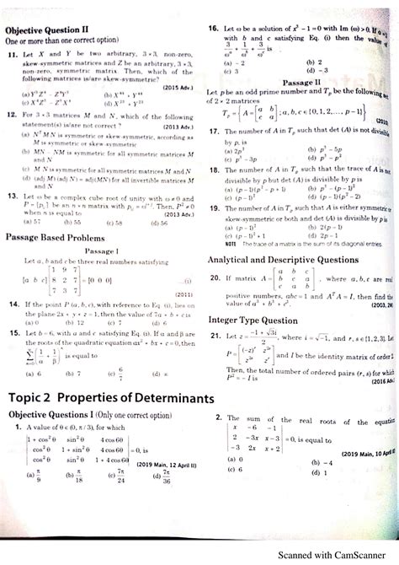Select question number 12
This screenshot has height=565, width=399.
click(10, 113)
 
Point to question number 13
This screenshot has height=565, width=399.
click(10, 196)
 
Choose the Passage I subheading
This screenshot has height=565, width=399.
click(98, 252)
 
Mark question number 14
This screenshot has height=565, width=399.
click(12, 304)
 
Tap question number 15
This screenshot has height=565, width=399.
click(12, 333)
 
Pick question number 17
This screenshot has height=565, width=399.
click(214, 132)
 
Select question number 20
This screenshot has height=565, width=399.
click(214, 277)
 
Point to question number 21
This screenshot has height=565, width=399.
click(214, 336)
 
